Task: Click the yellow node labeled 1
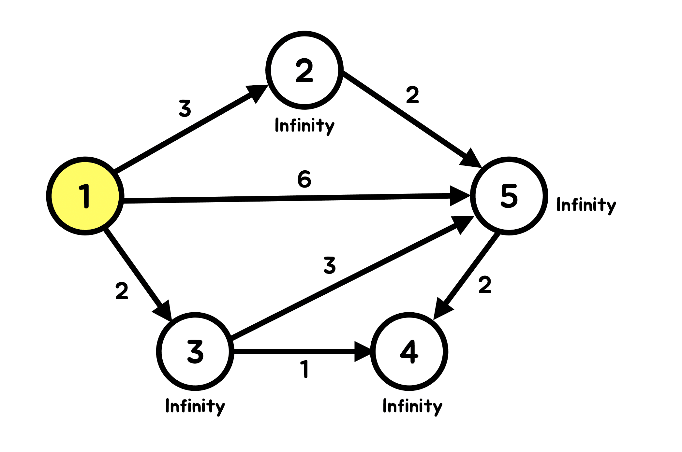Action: [x=85, y=196]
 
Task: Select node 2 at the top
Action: [x=304, y=70]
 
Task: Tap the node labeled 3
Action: [x=195, y=351]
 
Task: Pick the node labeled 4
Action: [x=409, y=351]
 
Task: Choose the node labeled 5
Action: [x=509, y=196]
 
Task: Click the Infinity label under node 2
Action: [x=304, y=126]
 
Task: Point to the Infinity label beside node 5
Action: [x=586, y=205]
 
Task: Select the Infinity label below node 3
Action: [x=195, y=406]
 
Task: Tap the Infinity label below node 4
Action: [x=412, y=406]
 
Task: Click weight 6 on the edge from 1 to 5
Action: [x=304, y=179]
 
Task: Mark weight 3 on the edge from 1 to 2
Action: [x=185, y=108]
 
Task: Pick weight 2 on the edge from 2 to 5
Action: [x=412, y=95]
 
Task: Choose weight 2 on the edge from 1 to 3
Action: [x=122, y=291]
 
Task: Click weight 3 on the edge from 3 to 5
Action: [x=330, y=265]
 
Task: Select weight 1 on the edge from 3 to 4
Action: [x=304, y=369]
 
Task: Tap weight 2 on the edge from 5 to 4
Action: [x=485, y=285]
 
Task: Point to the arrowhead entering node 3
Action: [x=164, y=310]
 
